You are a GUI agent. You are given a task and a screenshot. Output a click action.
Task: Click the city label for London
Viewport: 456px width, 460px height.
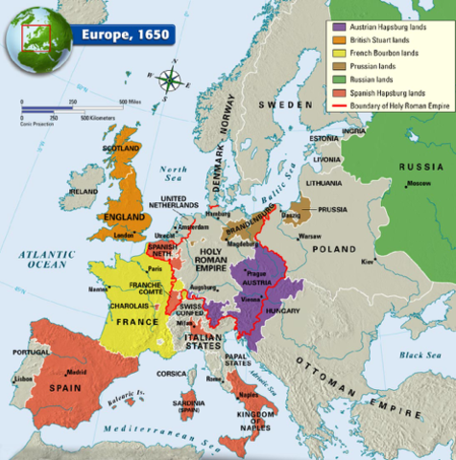pyautogui.click(x=124, y=235)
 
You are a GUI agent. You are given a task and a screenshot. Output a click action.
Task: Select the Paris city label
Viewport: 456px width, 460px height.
pyautogui.click(x=158, y=269)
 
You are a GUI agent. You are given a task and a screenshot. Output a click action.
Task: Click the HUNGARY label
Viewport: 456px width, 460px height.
pyautogui.click(x=282, y=311)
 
